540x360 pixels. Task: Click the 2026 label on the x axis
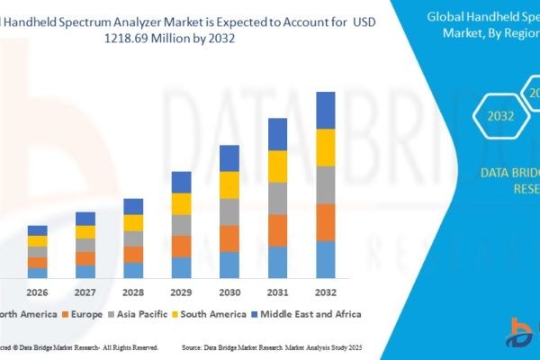point(37,292)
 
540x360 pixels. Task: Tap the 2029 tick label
point(182,292)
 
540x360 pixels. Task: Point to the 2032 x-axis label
point(326,292)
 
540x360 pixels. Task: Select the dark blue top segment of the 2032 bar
point(326,110)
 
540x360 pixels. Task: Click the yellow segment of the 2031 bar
point(278,166)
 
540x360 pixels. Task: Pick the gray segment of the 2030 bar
point(229,211)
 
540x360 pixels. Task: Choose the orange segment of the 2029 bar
point(182,247)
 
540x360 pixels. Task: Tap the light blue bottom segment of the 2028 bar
point(133,270)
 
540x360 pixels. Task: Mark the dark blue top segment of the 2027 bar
point(85,219)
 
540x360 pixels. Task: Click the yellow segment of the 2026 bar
point(37,241)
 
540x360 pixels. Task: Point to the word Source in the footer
point(196,346)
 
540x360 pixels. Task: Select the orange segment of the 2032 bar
point(326,222)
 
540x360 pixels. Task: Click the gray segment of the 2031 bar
point(278,198)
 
